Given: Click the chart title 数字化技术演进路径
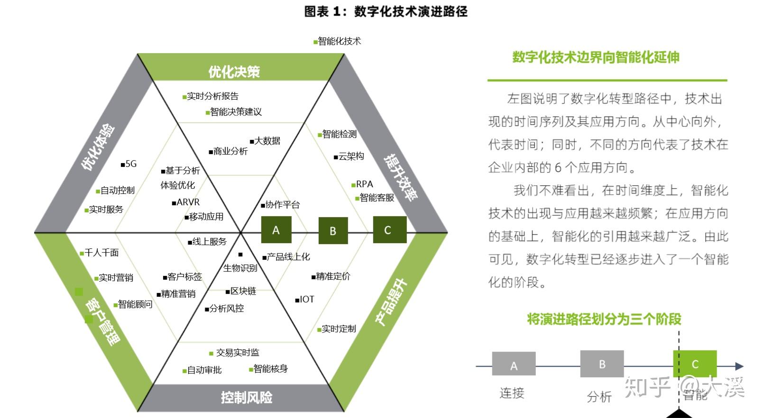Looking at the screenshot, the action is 411,11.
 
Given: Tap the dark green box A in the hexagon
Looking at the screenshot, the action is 276,230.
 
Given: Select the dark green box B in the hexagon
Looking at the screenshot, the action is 333,230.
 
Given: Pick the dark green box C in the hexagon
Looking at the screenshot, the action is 390,229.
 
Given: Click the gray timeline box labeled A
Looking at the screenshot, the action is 514,364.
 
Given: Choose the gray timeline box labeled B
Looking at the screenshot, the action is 602,364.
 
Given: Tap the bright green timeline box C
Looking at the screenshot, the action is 695,364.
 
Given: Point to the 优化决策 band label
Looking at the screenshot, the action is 234,72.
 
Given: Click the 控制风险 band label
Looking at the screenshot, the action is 247,398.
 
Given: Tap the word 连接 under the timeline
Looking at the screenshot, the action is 512,393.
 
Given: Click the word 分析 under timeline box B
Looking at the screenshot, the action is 599,397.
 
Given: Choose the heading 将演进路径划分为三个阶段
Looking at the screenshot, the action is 604,319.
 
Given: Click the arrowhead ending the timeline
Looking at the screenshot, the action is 739,366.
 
